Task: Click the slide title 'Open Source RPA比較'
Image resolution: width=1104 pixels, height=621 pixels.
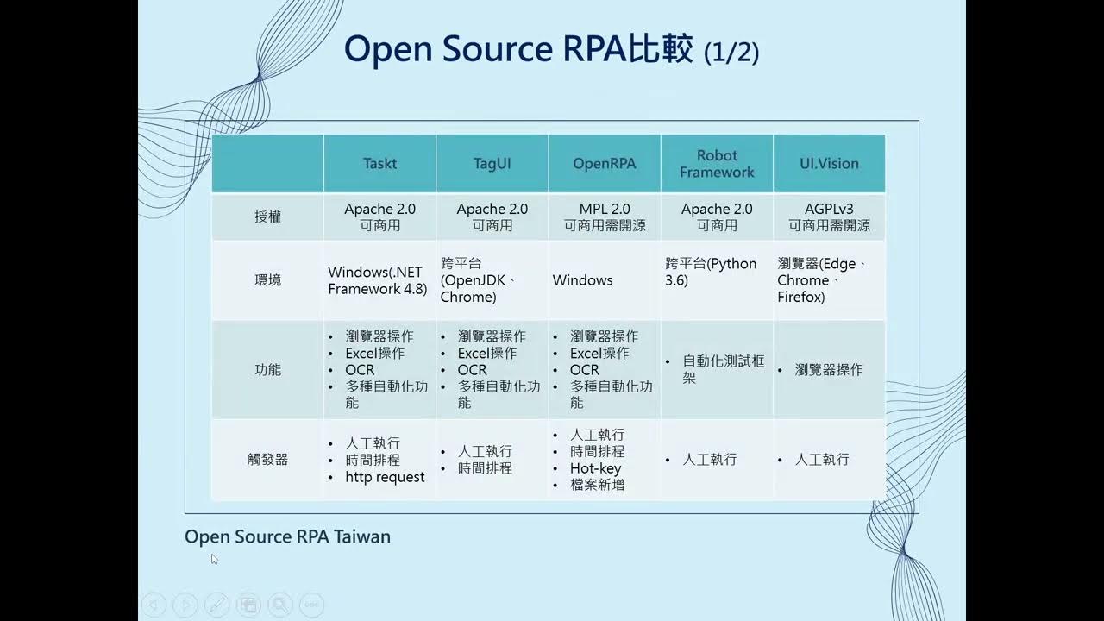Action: [x=517, y=50]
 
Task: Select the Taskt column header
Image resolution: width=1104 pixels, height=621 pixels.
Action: [x=379, y=163]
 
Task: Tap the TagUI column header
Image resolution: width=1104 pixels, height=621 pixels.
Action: [x=492, y=163]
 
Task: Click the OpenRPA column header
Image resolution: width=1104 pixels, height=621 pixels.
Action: [x=604, y=163]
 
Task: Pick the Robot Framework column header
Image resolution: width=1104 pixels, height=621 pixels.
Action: [x=717, y=163]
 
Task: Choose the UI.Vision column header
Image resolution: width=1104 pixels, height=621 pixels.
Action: [x=829, y=163]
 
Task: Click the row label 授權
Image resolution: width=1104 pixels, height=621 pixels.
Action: [x=268, y=217]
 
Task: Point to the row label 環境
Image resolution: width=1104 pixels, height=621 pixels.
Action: [x=268, y=280]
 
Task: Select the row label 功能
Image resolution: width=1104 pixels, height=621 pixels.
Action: [x=268, y=370]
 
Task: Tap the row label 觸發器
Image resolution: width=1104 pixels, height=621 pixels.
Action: [x=268, y=460]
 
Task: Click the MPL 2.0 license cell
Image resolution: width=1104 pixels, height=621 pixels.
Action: [x=604, y=216]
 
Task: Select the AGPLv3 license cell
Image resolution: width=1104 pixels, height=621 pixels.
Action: [x=829, y=216]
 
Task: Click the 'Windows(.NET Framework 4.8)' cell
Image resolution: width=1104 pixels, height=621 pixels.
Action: [x=378, y=280]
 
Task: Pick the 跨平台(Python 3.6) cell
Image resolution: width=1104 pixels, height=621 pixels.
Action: [x=712, y=272]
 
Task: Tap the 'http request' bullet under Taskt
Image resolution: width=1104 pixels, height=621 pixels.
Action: [x=385, y=477]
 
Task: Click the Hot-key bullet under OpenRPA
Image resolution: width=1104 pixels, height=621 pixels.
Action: [x=595, y=468]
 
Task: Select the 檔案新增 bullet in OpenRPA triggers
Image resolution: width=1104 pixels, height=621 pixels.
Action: [x=597, y=485]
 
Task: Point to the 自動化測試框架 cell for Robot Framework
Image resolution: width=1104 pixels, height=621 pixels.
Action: [x=723, y=369]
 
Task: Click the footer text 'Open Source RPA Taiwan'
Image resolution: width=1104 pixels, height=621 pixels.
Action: [x=287, y=536]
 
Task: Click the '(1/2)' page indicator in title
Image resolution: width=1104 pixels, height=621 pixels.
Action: [x=731, y=53]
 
